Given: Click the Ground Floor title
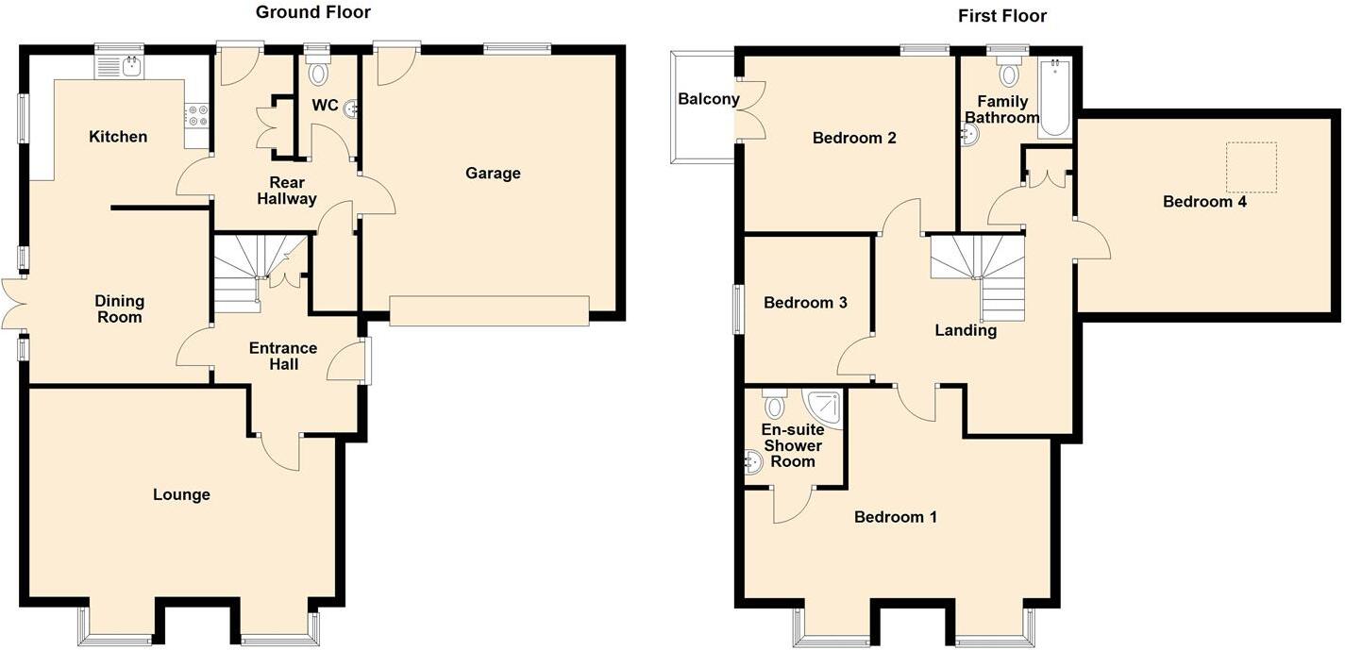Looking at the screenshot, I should (313, 12).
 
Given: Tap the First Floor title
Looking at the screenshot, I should (1002, 16).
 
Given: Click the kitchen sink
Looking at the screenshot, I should (120, 66).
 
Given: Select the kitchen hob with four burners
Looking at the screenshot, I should (196, 115).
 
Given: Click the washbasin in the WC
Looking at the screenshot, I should (351, 108).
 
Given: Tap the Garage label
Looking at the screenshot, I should (493, 173).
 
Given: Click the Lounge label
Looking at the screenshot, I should (181, 494).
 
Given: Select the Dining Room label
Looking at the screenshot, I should (120, 308).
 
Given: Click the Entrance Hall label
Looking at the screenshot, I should (283, 356).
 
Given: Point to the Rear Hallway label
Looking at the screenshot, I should (293, 191).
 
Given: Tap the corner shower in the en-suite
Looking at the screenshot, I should (824, 405).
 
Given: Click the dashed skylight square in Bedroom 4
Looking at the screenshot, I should (1252, 167).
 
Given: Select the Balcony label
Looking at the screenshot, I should (708, 99).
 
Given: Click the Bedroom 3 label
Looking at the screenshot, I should (805, 303).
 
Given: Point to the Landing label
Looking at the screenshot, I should (966, 330).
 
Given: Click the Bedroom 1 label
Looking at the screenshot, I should (896, 517).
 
